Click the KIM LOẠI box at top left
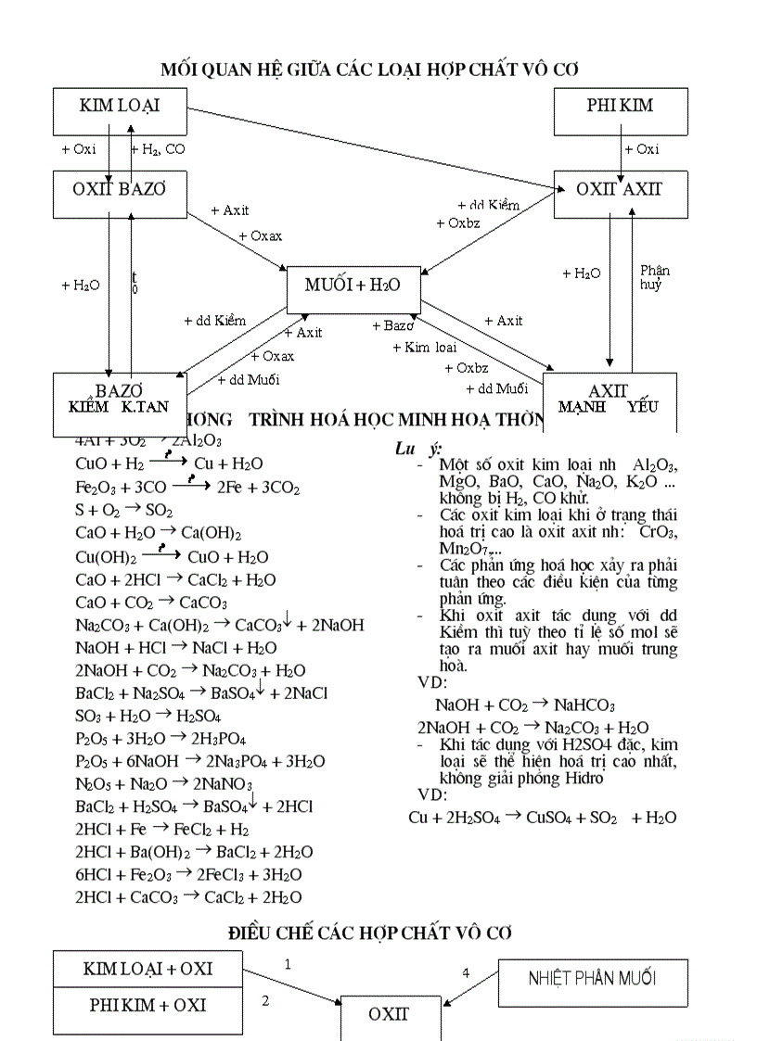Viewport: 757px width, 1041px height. [120, 106]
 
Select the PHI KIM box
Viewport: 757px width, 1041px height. [621, 106]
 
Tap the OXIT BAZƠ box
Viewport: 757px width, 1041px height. [120, 189]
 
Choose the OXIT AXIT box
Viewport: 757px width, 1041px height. [621, 189]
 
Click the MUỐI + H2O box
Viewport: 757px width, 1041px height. [353, 286]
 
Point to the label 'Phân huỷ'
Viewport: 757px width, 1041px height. [654, 277]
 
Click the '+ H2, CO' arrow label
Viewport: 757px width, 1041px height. [157, 149]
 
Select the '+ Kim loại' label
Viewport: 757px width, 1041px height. [425, 348]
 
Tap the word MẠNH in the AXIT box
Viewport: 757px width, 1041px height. [583, 407]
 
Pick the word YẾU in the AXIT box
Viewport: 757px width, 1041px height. [642, 407]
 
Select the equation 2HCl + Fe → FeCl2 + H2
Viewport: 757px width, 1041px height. [162, 830]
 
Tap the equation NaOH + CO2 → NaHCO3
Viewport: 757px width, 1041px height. [525, 705]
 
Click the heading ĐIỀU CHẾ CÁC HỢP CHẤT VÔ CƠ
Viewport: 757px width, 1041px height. [371, 933]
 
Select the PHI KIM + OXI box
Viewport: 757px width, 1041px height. [148, 1005]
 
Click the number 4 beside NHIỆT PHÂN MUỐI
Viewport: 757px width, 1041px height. [466, 972]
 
